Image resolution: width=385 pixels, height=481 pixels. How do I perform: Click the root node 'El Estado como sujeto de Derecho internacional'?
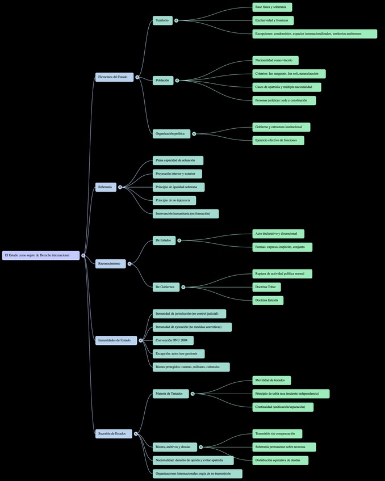tap(40, 255)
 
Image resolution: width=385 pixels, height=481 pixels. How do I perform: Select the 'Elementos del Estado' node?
tap(114, 77)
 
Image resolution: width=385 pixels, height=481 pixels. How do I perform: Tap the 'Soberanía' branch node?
tap(105, 187)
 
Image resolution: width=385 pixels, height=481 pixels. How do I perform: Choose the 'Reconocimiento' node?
tap(110, 264)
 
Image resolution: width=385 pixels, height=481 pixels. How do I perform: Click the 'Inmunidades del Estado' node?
tap(115, 340)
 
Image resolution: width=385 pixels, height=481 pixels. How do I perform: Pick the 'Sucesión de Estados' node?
tap(113, 434)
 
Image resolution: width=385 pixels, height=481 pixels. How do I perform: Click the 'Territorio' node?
tap(162, 20)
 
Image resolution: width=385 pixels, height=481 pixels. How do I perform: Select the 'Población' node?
tap(162, 81)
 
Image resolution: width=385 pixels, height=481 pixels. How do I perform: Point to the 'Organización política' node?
tap(171, 134)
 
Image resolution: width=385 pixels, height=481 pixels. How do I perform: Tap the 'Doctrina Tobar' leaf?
tap(266, 287)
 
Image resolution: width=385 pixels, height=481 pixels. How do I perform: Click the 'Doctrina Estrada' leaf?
tap(267, 301)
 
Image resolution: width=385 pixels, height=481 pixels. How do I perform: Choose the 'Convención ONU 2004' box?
tap(173, 340)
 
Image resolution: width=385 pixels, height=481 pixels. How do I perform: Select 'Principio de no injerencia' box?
tap(174, 200)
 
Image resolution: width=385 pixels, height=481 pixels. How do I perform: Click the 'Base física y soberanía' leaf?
tap(272, 7)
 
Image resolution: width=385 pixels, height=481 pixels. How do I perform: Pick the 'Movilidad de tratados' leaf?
tap(271, 381)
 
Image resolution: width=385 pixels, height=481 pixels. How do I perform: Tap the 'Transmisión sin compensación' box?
tap(277, 434)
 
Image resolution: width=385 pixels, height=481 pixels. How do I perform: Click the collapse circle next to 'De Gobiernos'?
tap(183, 287)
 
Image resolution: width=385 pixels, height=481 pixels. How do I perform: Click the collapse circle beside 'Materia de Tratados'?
tap(193, 394)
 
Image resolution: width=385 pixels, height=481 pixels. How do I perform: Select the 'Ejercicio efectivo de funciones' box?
tap(278, 141)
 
